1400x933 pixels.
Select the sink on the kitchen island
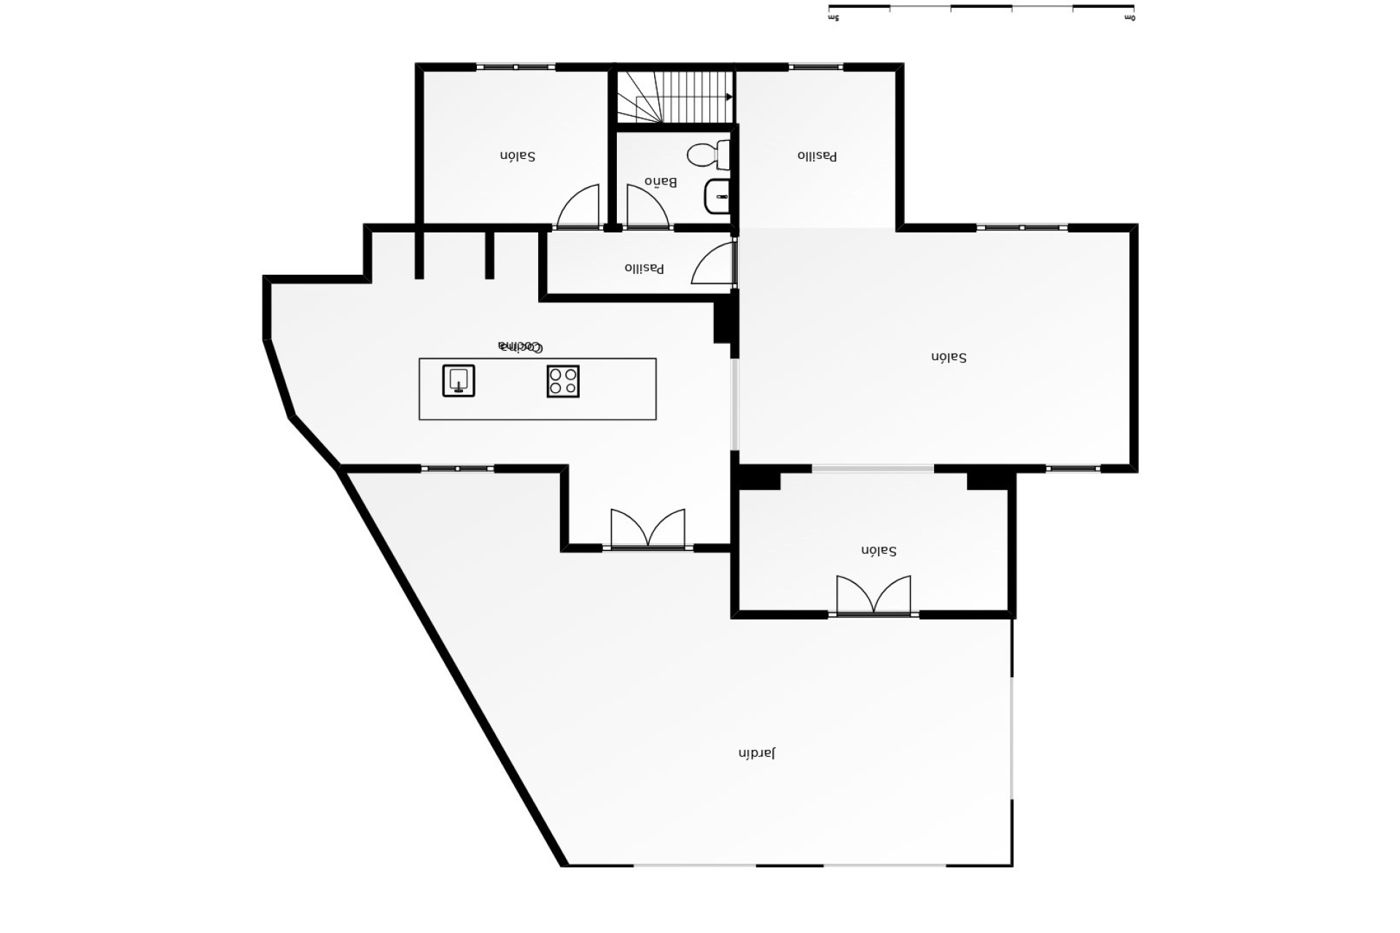click(459, 380)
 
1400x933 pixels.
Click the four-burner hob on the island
click(563, 381)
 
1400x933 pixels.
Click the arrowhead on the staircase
click(729, 97)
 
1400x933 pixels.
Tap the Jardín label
click(757, 753)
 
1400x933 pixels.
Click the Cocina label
click(520, 347)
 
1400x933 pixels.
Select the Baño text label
click(661, 181)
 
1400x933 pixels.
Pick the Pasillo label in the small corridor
click(645, 268)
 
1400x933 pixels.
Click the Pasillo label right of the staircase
click(817, 156)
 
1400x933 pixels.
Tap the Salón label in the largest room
click(949, 357)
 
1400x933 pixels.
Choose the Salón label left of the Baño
click(518, 156)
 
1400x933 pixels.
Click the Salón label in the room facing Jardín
click(879, 550)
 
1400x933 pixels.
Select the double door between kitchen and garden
click(647, 529)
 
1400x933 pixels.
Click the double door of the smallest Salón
click(874, 596)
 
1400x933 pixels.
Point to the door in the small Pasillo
click(713, 264)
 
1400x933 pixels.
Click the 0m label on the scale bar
click(1129, 18)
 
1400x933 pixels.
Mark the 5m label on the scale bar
click(834, 18)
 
